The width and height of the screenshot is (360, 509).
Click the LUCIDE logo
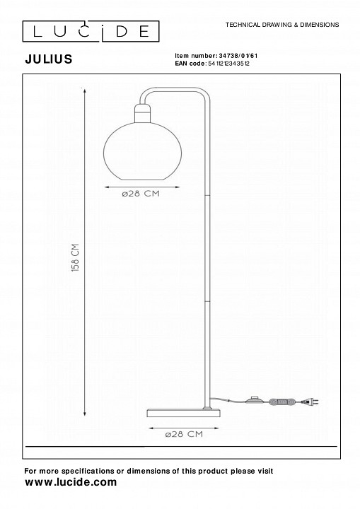(91, 32)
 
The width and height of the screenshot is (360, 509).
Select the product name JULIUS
(49, 59)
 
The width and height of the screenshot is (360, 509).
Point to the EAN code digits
(228, 64)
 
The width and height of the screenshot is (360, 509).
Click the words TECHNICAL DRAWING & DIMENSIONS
(282, 25)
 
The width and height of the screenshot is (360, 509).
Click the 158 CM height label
(76, 257)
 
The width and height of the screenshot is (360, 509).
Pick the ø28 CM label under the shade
(141, 194)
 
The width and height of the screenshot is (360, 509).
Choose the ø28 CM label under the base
(184, 434)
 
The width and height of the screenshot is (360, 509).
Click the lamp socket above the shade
(143, 113)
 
